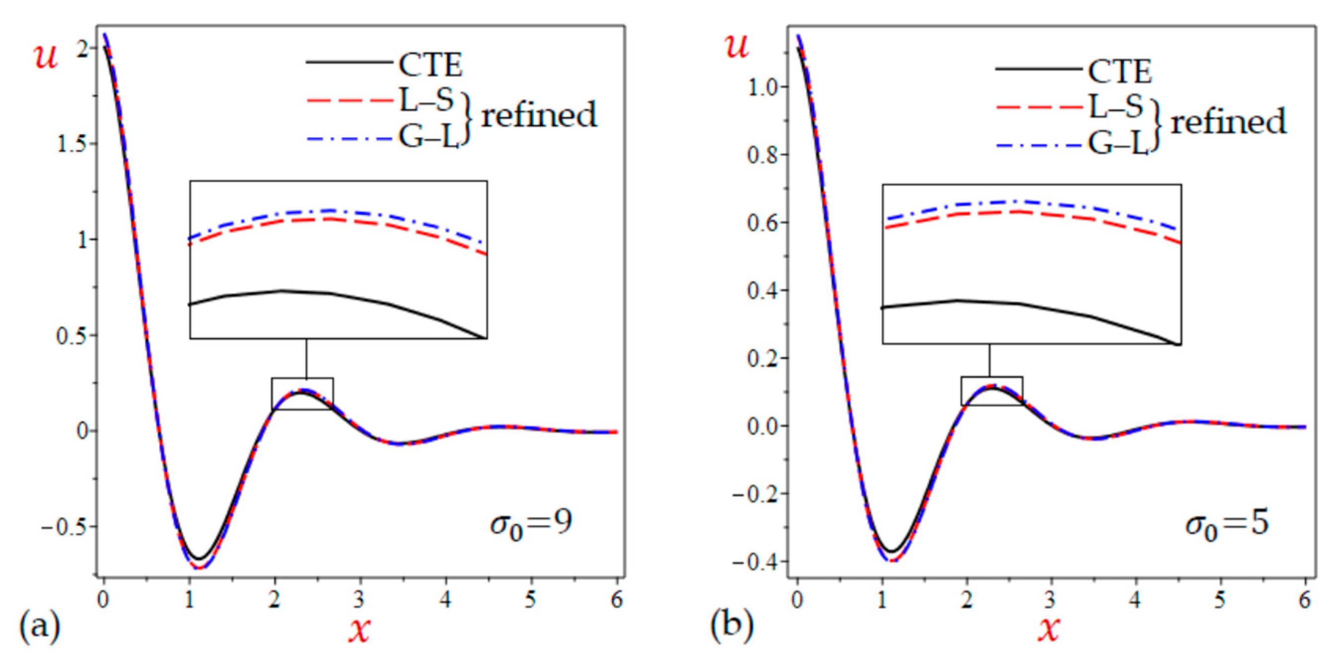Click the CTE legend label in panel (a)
(x=430, y=65)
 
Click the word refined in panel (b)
(x=1228, y=122)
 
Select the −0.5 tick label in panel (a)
(x=63, y=527)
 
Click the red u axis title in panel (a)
(x=46, y=56)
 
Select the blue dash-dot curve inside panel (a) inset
(x=334, y=211)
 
